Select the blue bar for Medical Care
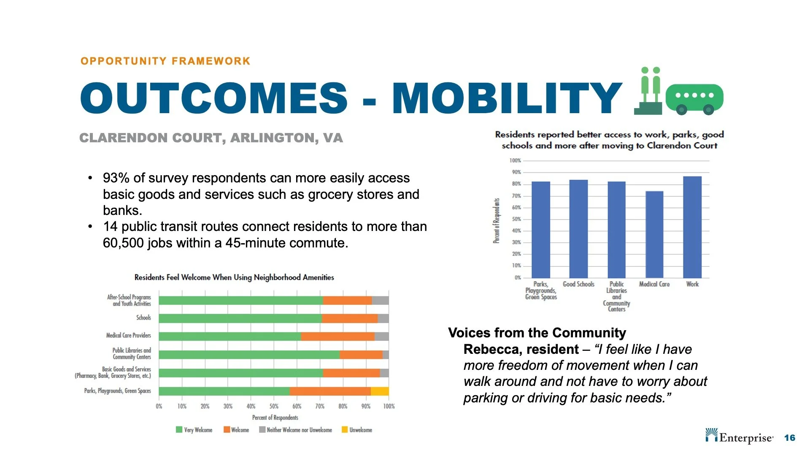[x=654, y=234]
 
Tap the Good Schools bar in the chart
[x=578, y=229]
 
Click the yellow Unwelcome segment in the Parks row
[x=380, y=391]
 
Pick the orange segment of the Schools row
[x=349, y=318]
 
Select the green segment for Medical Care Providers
[x=230, y=337]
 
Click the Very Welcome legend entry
[x=194, y=430]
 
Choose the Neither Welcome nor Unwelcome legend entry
[x=295, y=430]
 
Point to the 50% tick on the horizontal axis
[x=274, y=406]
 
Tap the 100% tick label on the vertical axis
[x=515, y=160]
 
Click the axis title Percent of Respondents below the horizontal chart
[x=275, y=418]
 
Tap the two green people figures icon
[x=649, y=90]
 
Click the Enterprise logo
[x=739, y=437]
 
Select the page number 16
[x=789, y=438]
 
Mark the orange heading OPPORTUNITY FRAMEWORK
[x=165, y=61]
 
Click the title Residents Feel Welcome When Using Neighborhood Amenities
[x=234, y=277]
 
